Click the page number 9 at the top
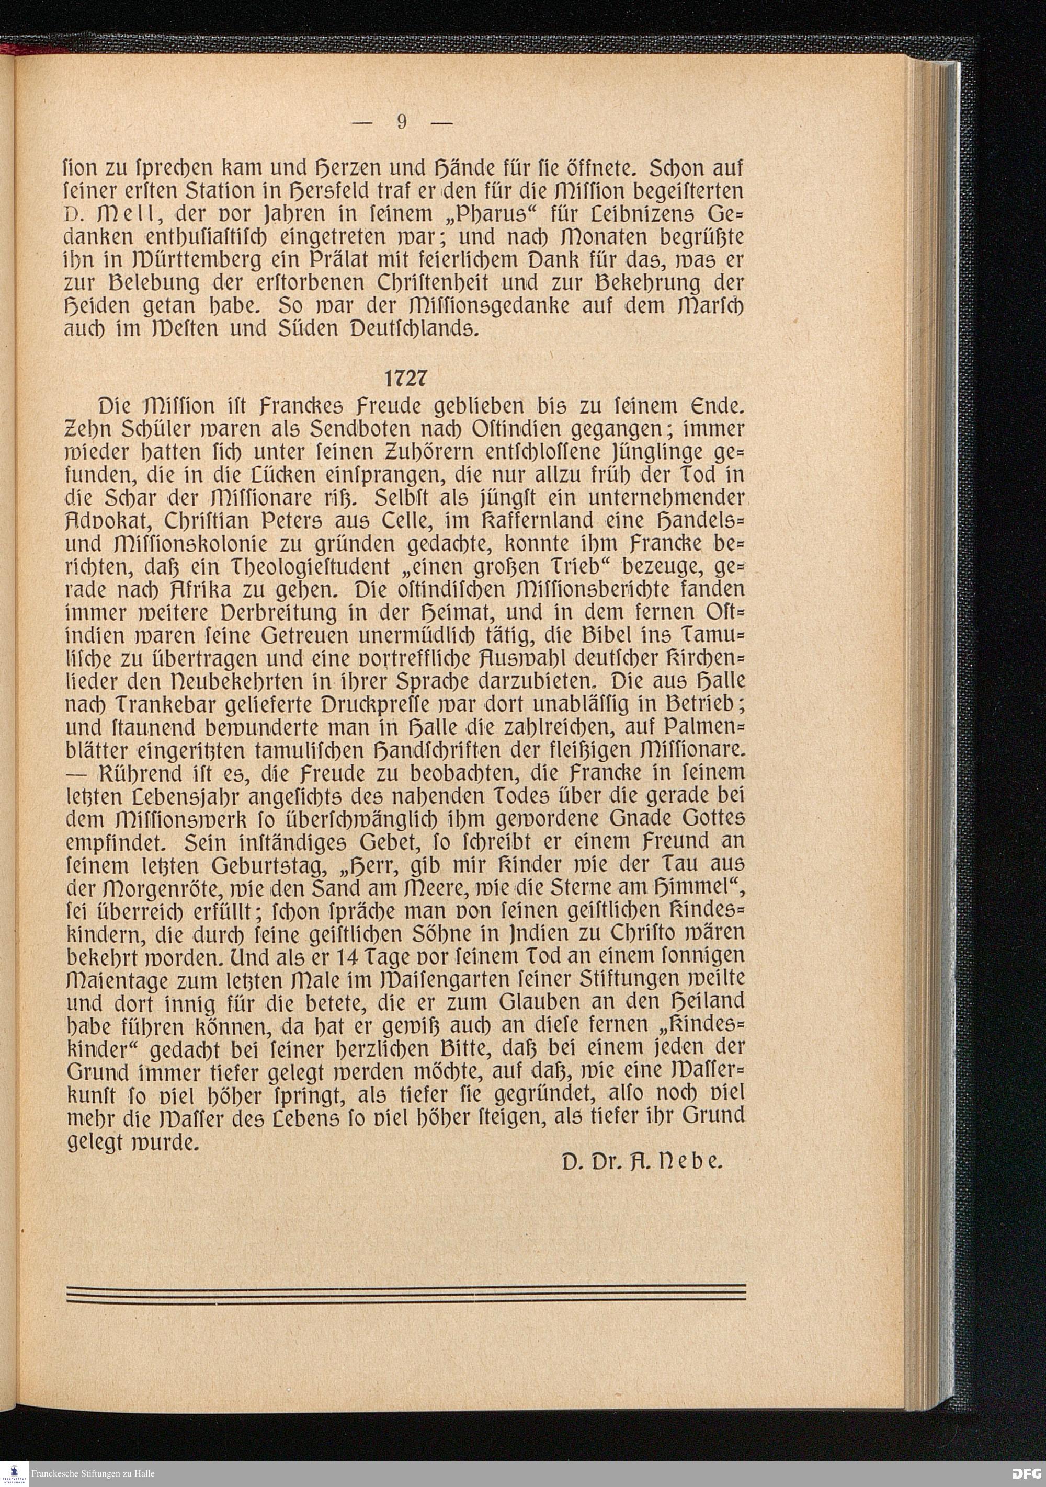coord(402,122)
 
